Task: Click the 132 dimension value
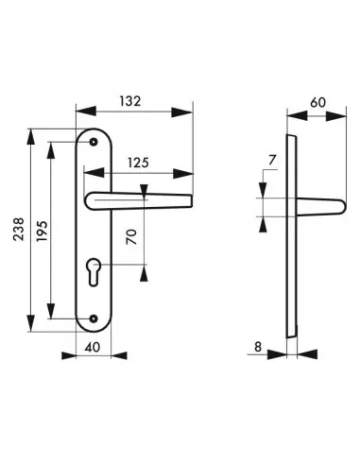pos(130,101)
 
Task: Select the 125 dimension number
pos(138,163)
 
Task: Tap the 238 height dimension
pos(19,229)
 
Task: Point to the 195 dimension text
pos(42,231)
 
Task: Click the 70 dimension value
pos(132,237)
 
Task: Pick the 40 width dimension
pos(93,347)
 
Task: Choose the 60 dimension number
pos(318,102)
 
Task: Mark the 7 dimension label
pos(272,160)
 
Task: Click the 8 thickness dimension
pos(258,347)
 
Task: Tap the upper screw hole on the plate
pos(93,142)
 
